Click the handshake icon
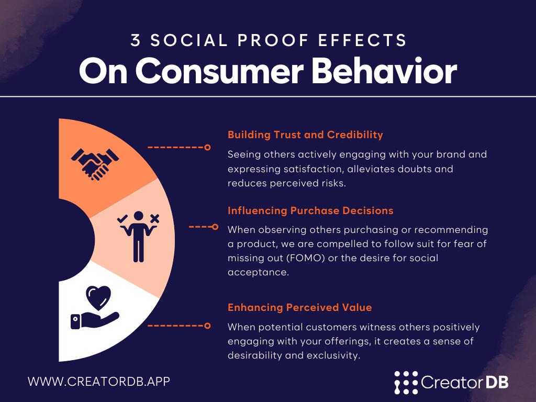pos(95,164)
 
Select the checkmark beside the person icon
pos(122,218)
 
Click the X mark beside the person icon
pos(155,219)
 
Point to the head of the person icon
pos(138,216)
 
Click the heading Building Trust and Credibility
pos(305,135)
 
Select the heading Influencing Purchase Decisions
pos(310,210)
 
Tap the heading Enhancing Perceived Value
pos(300,307)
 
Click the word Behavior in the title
pos(384,71)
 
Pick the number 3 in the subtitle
pos(136,40)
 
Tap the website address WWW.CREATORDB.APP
pos(99,382)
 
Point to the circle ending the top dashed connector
pos(207,147)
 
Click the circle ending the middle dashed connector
pos(215,227)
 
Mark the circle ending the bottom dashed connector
pos(207,326)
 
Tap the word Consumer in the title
pos(219,71)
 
